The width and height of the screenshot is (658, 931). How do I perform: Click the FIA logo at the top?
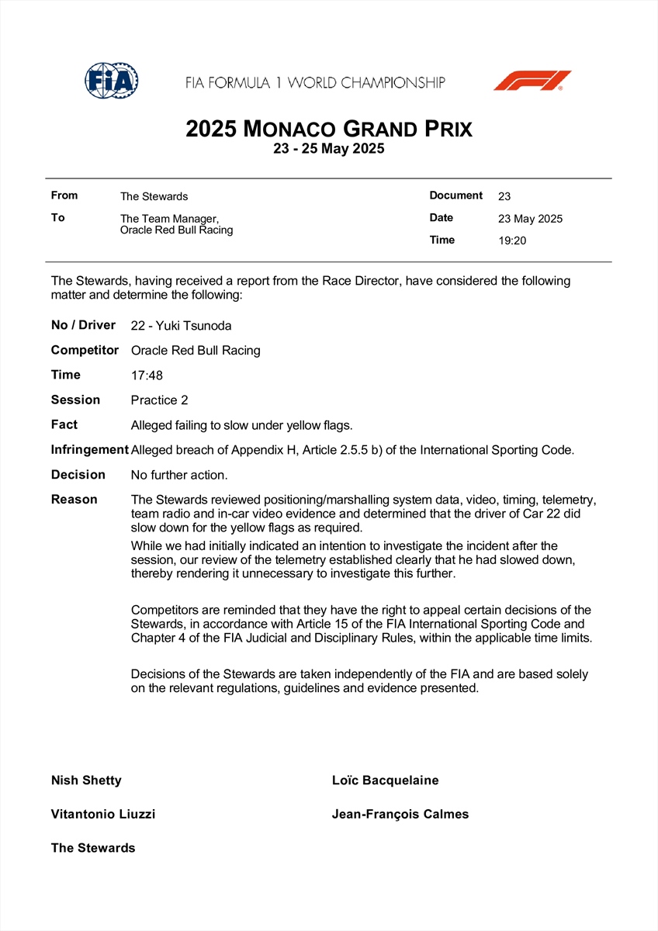coord(112,80)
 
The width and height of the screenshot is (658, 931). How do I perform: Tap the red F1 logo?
coord(532,81)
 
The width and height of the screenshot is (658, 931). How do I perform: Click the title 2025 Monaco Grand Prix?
coord(329,129)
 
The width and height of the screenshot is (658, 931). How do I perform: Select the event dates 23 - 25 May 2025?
coord(329,149)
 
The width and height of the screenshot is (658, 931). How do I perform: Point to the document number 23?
coord(504,197)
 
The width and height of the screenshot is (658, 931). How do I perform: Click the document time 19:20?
coord(512,241)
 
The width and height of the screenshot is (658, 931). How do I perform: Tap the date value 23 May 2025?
coord(530,219)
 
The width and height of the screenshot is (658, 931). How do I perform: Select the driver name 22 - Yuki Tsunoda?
coord(182,326)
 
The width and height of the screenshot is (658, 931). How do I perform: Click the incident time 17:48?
coord(147,376)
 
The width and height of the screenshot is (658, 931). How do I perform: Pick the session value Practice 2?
coord(160,400)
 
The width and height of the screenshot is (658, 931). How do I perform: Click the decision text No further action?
coord(179,475)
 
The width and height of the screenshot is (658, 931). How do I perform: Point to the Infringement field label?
coord(89,450)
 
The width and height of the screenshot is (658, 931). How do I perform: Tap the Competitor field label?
coord(85,351)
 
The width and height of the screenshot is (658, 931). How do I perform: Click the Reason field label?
coord(74,500)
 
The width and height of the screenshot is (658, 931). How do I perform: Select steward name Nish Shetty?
coord(86,780)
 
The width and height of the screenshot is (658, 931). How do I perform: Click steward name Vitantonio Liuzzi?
coord(103,815)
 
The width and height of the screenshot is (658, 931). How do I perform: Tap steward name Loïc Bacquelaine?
coord(385,780)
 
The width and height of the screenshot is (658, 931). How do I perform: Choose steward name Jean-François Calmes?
coord(400,815)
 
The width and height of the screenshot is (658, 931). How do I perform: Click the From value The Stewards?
coord(154,197)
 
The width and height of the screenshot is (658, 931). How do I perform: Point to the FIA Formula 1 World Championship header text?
coord(315,82)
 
